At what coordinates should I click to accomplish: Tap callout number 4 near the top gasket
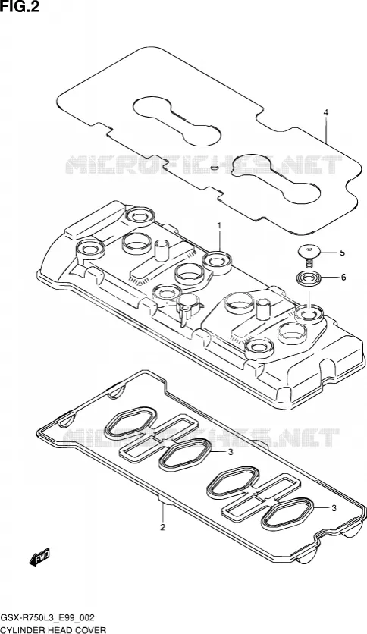(x=326, y=112)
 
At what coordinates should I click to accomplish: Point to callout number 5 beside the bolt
(x=342, y=253)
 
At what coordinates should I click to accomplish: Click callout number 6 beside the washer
(x=343, y=278)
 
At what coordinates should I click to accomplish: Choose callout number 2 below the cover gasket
(x=162, y=527)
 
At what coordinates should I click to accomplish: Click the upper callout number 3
(x=231, y=452)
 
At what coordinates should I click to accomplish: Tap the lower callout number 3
(x=334, y=509)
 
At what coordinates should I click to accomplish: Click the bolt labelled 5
(x=309, y=256)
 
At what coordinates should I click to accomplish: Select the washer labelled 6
(x=309, y=278)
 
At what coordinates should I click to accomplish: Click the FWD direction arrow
(x=39, y=557)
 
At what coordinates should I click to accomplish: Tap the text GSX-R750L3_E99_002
(x=48, y=617)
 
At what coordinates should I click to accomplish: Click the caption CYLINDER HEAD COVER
(x=53, y=629)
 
